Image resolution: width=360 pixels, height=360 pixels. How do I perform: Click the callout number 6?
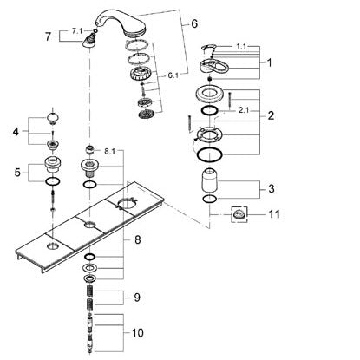pos(194,23)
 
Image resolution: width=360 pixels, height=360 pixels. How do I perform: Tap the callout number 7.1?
pos(76,31)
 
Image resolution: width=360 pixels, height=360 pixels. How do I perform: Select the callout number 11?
pos(274,214)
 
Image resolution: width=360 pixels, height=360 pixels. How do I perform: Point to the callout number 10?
pos(137,333)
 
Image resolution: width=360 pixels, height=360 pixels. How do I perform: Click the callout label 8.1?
pos(109,152)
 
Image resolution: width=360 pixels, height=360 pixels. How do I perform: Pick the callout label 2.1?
pos(244,110)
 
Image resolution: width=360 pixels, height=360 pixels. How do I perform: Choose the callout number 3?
pos(271,189)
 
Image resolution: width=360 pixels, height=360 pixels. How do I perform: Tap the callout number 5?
pos(17,173)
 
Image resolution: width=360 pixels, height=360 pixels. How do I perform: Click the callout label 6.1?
pos(173,75)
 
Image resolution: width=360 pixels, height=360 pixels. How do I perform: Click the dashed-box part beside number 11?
pos(239,214)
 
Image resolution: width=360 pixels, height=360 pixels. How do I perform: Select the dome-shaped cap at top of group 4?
pos(53,118)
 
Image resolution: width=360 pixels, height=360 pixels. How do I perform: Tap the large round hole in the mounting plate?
pos(127,204)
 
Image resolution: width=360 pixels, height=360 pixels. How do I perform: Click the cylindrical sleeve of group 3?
pos(210,180)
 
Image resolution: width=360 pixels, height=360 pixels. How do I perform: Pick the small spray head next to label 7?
pos(88,40)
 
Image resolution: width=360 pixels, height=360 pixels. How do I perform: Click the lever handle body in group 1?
pos(213,66)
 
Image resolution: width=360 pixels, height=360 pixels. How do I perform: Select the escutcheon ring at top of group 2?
pos(210,94)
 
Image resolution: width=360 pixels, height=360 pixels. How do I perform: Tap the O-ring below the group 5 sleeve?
pos(53,181)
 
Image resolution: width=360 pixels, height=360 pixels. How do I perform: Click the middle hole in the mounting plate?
pos(90,225)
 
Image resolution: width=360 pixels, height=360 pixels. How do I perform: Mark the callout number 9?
pos(137,298)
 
